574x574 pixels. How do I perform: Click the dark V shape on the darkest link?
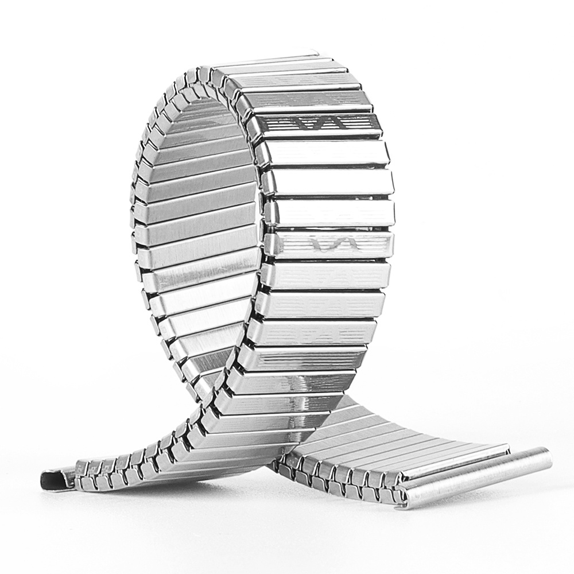pyautogui.click(x=304, y=123)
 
